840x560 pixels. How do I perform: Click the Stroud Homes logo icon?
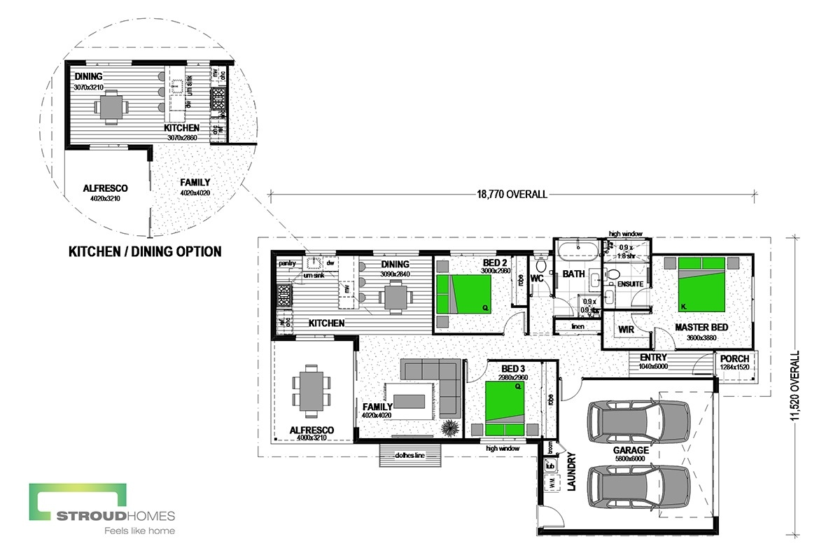click(x=77, y=501)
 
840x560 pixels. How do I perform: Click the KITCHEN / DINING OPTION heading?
click(x=144, y=251)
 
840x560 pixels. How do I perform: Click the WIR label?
click(x=626, y=328)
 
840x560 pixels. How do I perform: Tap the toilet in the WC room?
click(x=540, y=267)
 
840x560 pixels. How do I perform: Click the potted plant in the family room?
click(x=451, y=427)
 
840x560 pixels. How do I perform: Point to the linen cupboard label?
click(x=577, y=327)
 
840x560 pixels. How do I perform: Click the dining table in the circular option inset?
click(x=111, y=107)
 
